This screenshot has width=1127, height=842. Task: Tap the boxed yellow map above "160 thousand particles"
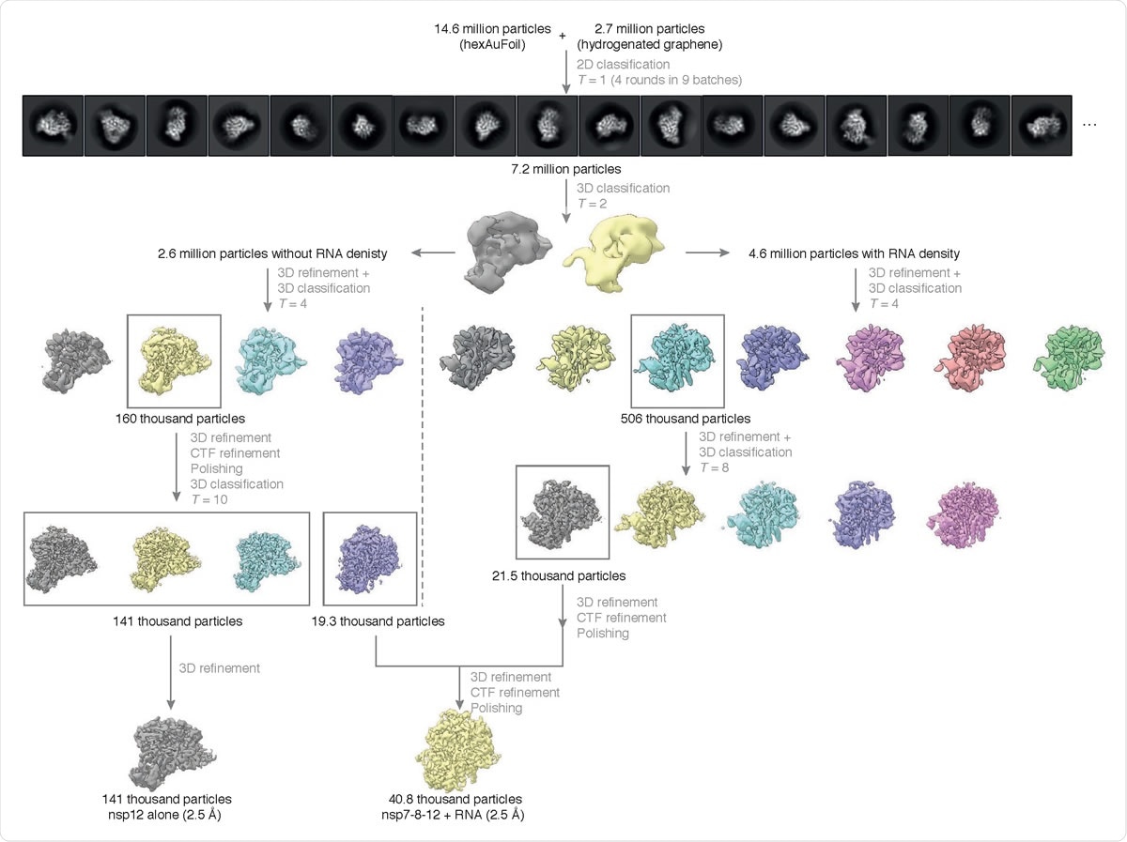(x=173, y=362)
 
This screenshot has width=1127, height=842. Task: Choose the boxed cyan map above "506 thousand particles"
(x=677, y=362)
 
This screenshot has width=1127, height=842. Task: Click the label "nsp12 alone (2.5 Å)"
(x=170, y=814)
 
